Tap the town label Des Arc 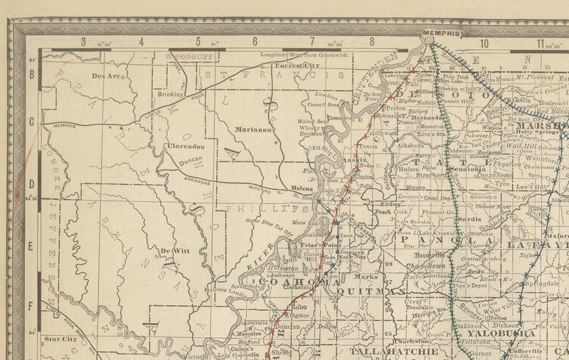[107, 75]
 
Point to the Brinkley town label [171, 93]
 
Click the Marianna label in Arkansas [254, 129]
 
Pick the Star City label [60, 339]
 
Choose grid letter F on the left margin [31, 307]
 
